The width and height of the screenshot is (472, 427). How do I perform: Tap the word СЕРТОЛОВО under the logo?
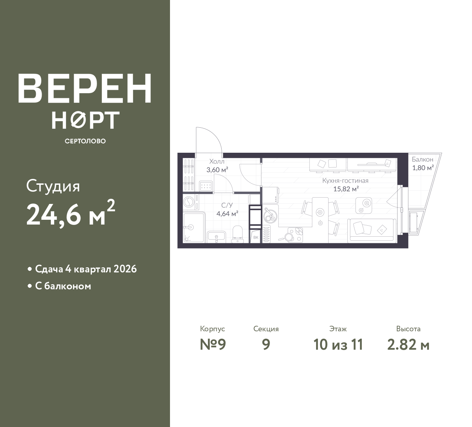[x=85, y=141]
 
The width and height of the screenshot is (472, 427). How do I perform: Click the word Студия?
[x=53, y=187]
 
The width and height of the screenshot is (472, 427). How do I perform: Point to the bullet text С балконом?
[x=63, y=286]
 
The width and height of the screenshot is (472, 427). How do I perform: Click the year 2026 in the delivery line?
[x=125, y=269]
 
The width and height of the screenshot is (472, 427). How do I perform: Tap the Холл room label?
[x=217, y=161]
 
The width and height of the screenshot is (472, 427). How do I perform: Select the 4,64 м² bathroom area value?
[x=227, y=214]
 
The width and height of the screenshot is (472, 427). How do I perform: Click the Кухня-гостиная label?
[x=345, y=181]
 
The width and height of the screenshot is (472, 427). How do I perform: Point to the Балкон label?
[x=422, y=159]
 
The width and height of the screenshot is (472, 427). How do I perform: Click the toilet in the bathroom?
[x=237, y=234]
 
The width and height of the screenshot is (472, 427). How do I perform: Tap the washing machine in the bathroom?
[x=191, y=202]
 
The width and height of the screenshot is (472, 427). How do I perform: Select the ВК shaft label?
[x=256, y=237]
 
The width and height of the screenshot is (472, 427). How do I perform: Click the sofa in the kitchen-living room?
[x=372, y=230]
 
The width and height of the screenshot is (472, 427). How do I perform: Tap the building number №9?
[x=213, y=345]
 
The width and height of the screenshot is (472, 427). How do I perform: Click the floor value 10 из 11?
[x=338, y=345]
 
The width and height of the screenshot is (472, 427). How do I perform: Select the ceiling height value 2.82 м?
[x=408, y=345]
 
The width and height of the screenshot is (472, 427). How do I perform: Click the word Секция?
[x=266, y=329]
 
